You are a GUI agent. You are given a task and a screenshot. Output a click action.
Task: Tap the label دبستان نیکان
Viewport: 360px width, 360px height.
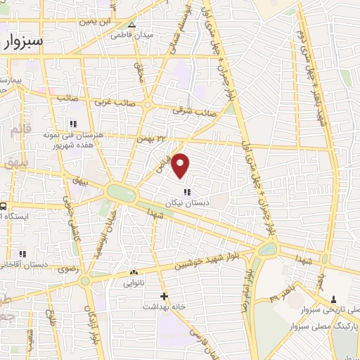coord(186,202)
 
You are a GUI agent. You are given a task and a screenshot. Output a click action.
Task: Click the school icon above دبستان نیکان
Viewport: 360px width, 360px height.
coord(186,192)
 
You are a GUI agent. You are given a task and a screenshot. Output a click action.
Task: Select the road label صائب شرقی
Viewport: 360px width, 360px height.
coord(195,111)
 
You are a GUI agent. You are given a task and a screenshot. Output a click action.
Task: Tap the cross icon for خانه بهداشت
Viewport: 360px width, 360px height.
coord(164,297)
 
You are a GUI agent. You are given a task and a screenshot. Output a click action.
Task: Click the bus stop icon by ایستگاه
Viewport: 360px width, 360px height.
coord(4,207)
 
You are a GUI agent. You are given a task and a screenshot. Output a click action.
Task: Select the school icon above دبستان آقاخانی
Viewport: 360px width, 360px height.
coord(23,254)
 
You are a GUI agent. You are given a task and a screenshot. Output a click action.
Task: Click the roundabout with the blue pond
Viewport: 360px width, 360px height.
coord(267,250)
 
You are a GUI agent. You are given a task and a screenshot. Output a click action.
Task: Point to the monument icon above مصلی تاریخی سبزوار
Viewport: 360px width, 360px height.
coord(333,300)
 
